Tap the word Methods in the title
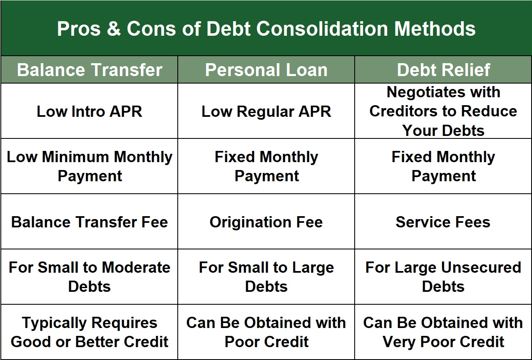tap(435, 29)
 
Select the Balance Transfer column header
tap(89, 70)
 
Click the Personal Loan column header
tap(266, 70)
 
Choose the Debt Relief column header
tap(443, 70)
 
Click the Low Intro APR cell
tap(89, 111)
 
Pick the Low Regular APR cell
tap(266, 111)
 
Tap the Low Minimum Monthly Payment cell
tap(89, 166)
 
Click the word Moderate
tap(136, 268)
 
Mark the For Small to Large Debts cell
tap(266, 277)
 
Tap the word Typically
tap(55, 323)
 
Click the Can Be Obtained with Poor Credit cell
tap(266, 332)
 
